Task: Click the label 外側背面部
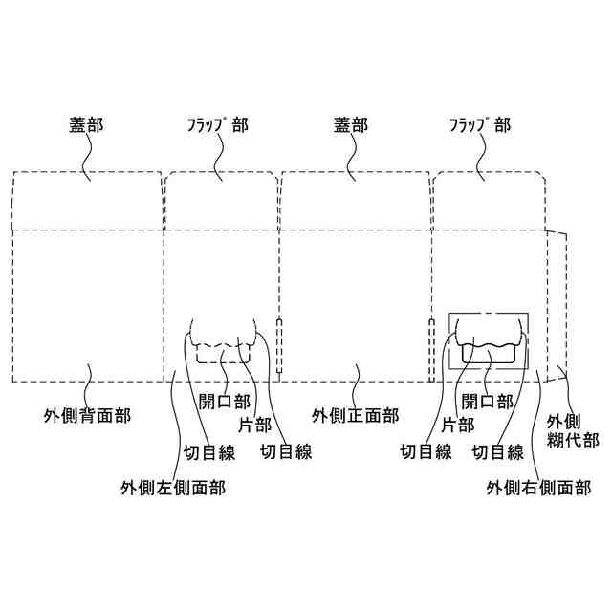(x=87, y=416)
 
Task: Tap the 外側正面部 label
(x=356, y=416)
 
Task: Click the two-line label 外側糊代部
(x=572, y=430)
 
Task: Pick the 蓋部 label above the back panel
(x=84, y=124)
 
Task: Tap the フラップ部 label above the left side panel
(x=217, y=124)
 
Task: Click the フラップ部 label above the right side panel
(x=479, y=124)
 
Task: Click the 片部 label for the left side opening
(x=251, y=418)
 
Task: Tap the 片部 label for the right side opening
(x=460, y=418)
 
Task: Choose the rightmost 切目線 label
(x=498, y=452)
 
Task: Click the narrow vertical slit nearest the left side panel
(x=279, y=344)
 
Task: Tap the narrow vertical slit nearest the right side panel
(x=431, y=344)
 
